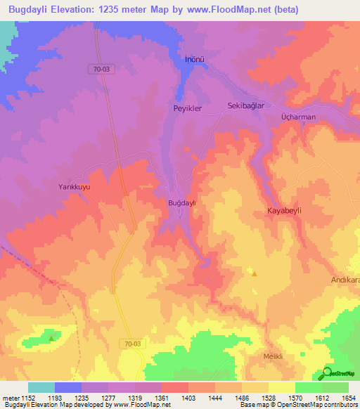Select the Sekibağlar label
click(x=245, y=105)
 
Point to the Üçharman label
click(x=298, y=117)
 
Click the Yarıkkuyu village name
click(x=74, y=188)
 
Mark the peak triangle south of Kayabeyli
click(x=255, y=273)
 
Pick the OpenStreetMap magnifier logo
click(x=326, y=374)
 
